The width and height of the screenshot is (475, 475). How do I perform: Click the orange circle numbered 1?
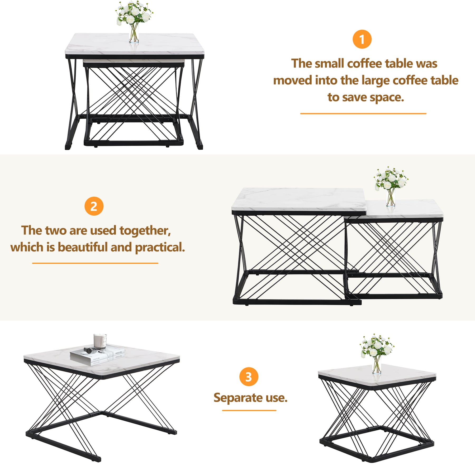point(362,39)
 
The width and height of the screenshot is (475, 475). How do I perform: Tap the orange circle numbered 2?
point(94,206)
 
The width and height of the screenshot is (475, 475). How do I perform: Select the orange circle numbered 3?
point(249,377)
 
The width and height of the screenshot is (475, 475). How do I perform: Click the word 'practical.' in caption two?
point(160,248)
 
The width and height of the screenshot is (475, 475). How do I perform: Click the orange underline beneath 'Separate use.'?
point(249,410)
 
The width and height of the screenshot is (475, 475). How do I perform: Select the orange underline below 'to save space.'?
point(363,113)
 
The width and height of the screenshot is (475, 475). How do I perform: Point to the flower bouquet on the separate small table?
point(377,346)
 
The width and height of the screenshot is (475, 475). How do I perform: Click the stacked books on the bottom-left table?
point(97,355)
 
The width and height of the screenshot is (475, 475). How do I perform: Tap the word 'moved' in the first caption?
point(292,80)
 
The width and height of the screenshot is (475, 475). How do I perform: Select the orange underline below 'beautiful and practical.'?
point(95,263)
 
